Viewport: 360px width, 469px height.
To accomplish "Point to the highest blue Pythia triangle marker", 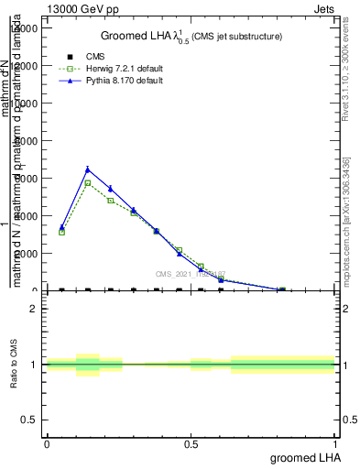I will click(88, 169).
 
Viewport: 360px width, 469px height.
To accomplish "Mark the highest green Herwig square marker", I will click(88, 183).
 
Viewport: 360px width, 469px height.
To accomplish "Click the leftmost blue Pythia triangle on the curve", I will click(61, 227).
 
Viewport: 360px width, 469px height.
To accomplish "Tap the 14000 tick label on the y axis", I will click(23, 27).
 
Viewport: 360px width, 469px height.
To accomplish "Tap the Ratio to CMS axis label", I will click(16, 364).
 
